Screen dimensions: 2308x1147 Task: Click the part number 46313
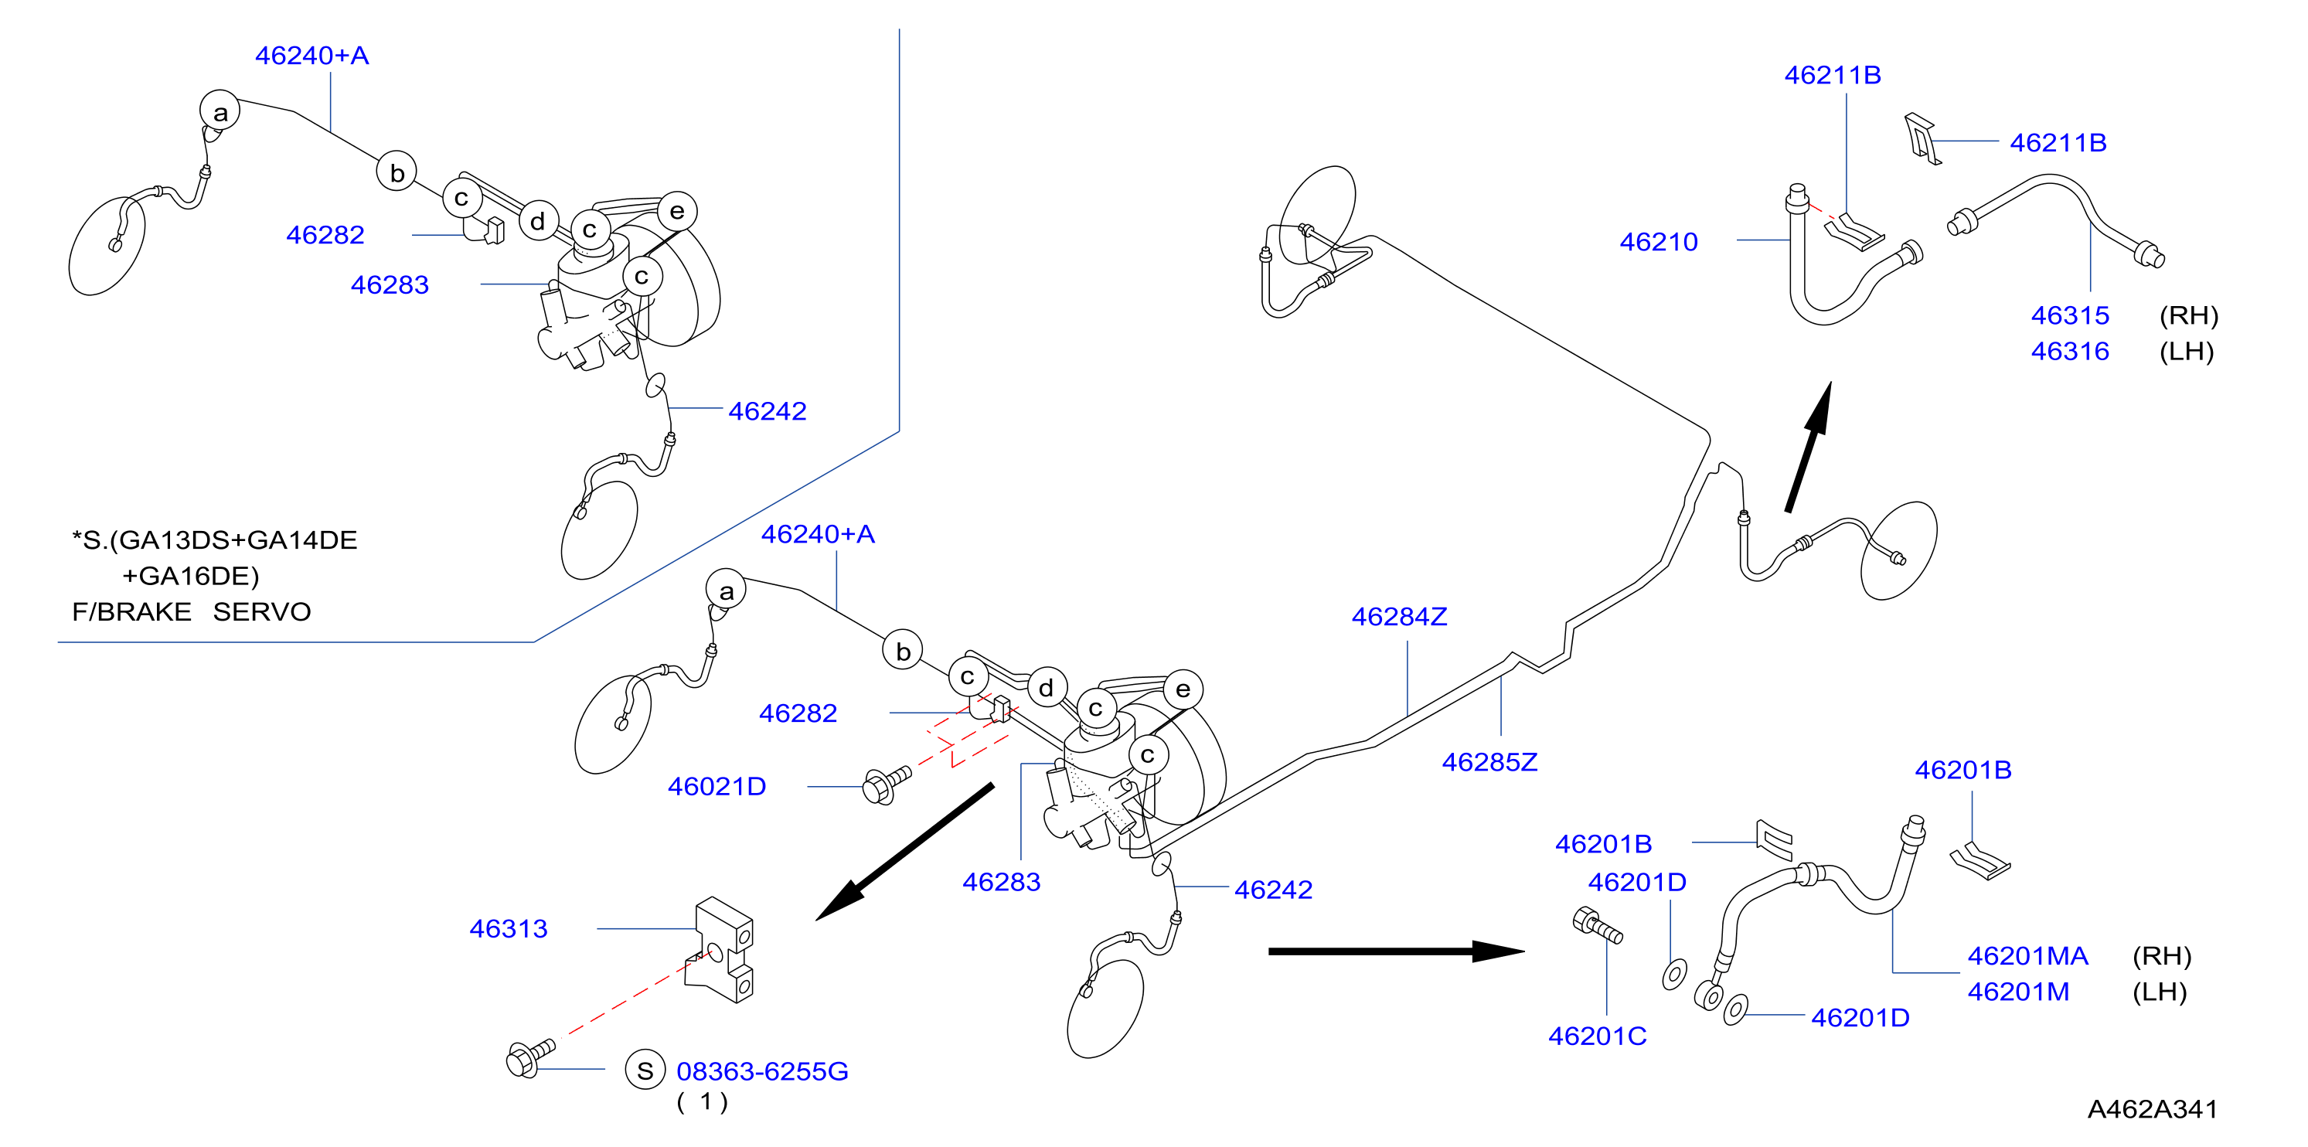tap(508, 928)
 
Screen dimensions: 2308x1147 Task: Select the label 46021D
tap(717, 786)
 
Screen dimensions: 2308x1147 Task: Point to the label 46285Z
tap(1489, 761)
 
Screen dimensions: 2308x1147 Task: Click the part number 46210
tap(1659, 241)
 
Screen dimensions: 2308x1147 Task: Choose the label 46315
tap(2070, 315)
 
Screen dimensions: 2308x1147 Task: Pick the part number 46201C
tap(1598, 1036)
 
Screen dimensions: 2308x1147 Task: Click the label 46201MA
tap(2027, 955)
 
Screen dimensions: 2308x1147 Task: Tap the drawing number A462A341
tap(2152, 1109)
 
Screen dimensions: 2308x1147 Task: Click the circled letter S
tap(645, 1070)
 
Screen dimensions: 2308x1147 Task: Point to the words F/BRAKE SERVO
tap(191, 611)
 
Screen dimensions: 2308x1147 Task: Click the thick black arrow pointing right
tap(1396, 951)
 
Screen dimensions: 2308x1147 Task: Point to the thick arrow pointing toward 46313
tap(904, 853)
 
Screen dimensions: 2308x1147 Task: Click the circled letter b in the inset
tap(397, 172)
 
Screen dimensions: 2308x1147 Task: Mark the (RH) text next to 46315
tap(2188, 315)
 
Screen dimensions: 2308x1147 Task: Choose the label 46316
tap(2070, 350)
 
